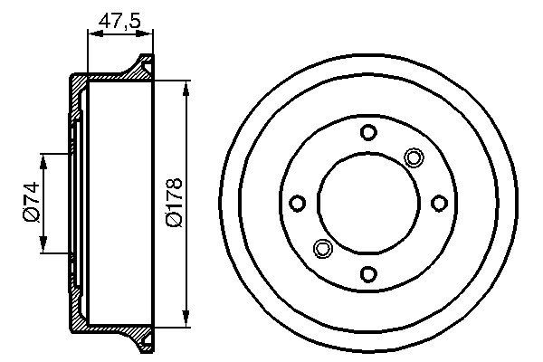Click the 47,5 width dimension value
[x=119, y=19]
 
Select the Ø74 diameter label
[x=30, y=204]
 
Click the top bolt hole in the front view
[x=367, y=133]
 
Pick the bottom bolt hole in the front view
[x=367, y=273]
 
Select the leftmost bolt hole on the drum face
[x=297, y=204]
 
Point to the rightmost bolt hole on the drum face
[x=438, y=204]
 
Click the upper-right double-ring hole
[x=414, y=157]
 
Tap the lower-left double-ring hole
[x=321, y=248]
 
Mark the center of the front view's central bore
[x=367, y=204]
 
